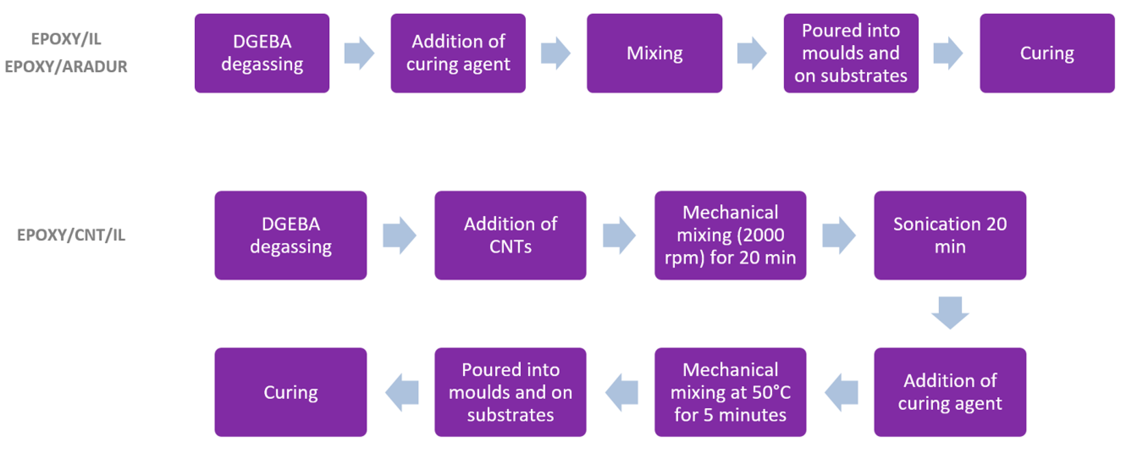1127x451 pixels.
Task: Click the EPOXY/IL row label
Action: [x=66, y=39]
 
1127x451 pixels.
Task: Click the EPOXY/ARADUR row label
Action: [x=66, y=67]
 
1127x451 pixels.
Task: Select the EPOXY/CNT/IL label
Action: [x=71, y=235]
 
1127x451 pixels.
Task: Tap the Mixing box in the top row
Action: [x=654, y=53]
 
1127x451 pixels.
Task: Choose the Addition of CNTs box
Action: [x=510, y=235]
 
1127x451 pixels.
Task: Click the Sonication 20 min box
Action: [x=950, y=235]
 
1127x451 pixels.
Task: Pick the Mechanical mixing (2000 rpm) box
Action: [x=730, y=235]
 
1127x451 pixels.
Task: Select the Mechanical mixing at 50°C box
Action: [x=730, y=392]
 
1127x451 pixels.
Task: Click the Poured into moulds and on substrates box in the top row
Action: [x=850, y=53]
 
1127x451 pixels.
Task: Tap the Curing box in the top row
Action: [x=1047, y=53]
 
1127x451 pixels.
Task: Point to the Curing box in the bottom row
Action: [x=290, y=392]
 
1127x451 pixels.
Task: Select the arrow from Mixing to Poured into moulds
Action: [x=752, y=53]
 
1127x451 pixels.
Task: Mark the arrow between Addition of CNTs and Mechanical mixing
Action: [x=619, y=235]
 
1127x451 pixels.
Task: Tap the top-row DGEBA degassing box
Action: [x=262, y=53]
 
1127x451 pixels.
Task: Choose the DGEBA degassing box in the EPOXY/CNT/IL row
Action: [x=290, y=235]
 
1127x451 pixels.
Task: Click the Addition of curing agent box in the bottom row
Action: [x=950, y=392]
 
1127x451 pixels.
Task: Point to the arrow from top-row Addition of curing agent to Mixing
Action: [x=555, y=53]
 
